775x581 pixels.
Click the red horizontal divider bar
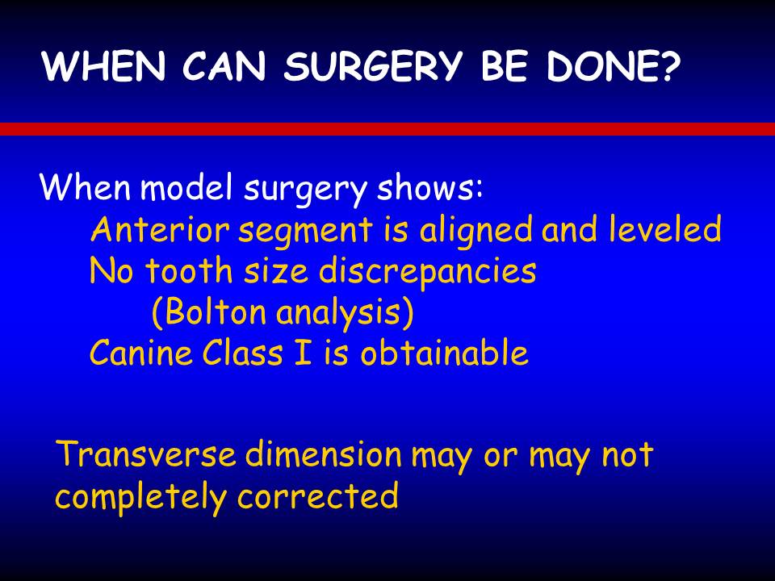387,129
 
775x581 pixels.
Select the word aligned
476,230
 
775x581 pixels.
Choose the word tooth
189,271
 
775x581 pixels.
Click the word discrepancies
428,272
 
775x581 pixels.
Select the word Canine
140,353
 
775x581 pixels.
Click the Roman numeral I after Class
303,353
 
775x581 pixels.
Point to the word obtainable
444,352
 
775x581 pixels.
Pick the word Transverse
146,453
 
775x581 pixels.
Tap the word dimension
323,453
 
